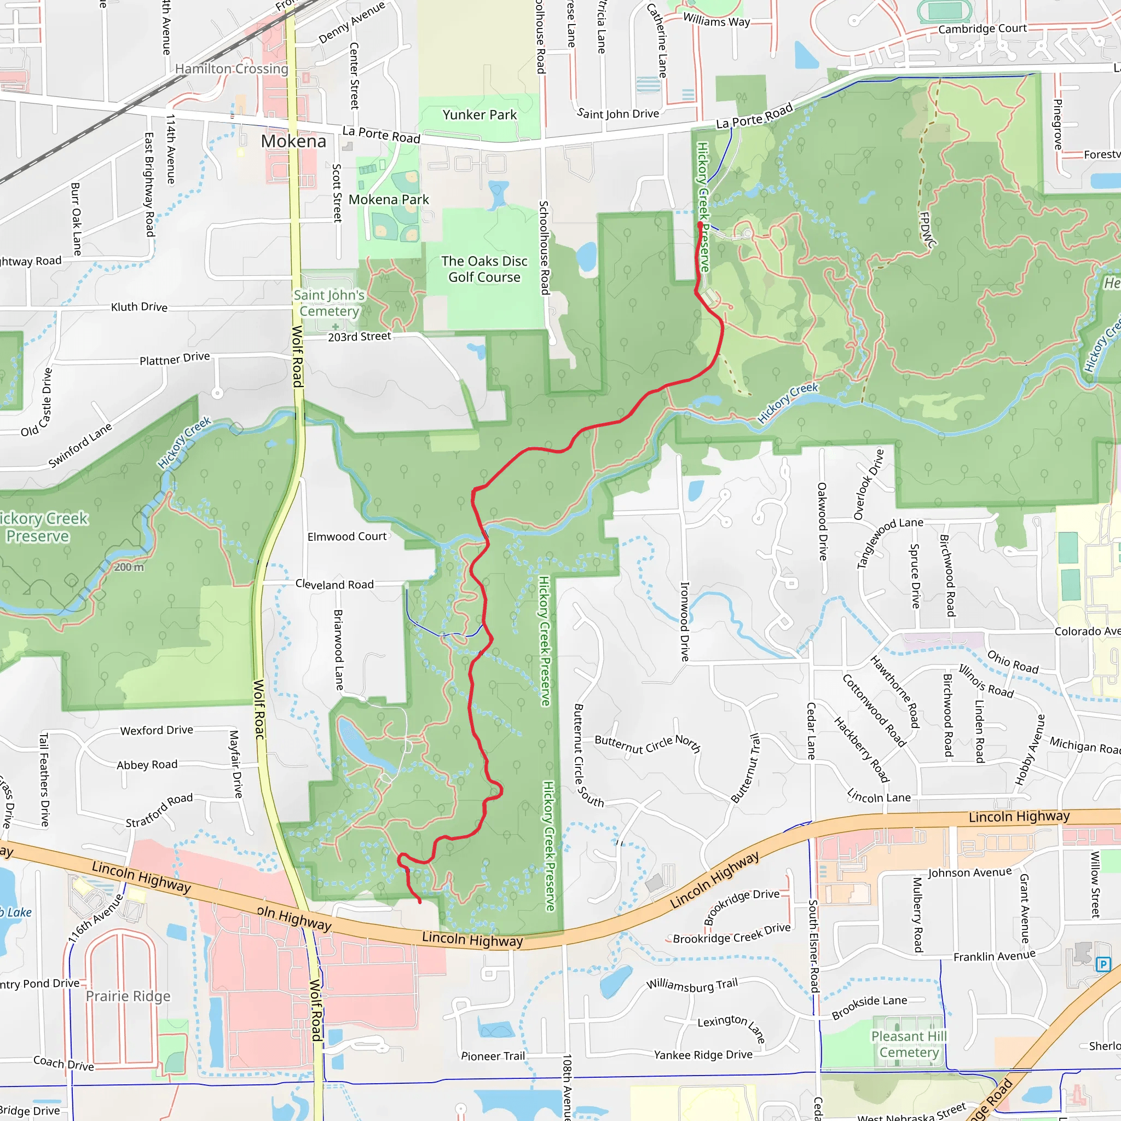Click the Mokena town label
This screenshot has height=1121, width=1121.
click(293, 141)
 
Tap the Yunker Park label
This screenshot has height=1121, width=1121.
click(479, 115)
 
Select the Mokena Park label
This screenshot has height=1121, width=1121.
click(389, 200)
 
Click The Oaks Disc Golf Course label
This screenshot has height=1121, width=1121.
click(484, 269)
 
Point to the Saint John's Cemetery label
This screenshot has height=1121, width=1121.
click(329, 303)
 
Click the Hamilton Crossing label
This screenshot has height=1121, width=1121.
click(232, 69)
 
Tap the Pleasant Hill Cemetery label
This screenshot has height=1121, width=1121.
click(909, 1044)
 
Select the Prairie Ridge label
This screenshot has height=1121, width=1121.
click(128, 996)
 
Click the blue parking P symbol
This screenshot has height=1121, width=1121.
click(1103, 965)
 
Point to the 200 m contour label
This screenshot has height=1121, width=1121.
click(129, 567)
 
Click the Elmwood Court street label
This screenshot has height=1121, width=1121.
click(347, 537)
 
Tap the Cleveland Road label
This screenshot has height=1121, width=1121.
click(335, 584)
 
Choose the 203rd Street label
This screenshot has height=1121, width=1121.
click(360, 337)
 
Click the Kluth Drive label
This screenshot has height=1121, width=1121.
click(139, 307)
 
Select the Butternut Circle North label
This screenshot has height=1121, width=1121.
click(648, 744)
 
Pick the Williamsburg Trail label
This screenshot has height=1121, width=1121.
click(692, 985)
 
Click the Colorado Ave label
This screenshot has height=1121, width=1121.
click(1087, 631)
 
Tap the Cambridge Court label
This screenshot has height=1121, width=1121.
click(983, 29)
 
